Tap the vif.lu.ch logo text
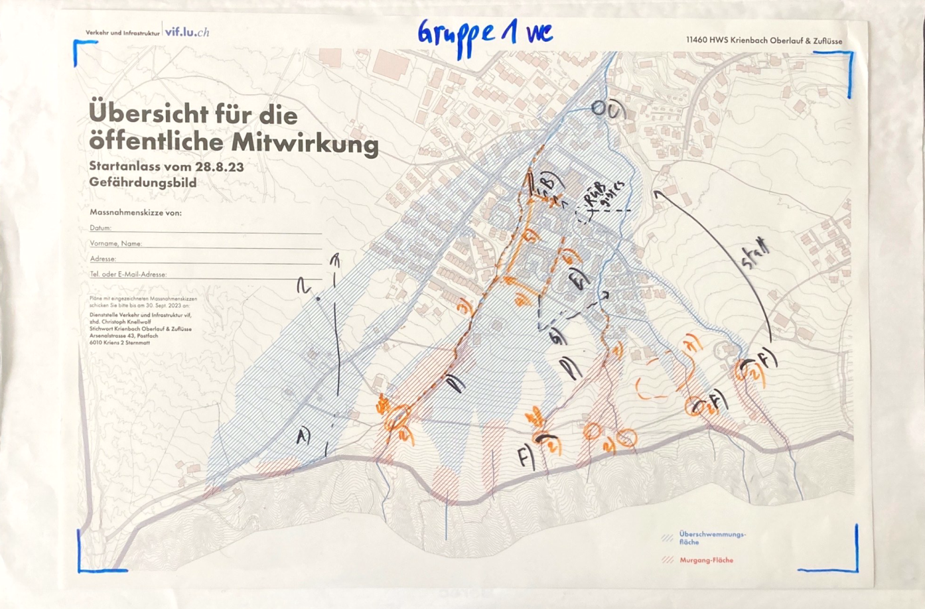pyautogui.click(x=187, y=32)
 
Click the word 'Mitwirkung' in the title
pyautogui.click(x=307, y=143)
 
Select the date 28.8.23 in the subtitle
pyautogui.click(x=220, y=167)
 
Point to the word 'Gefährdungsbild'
pyautogui.click(x=143, y=182)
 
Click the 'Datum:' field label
pyautogui.click(x=101, y=228)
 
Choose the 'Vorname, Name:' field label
pyautogui.click(x=116, y=243)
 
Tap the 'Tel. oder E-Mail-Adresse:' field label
pyautogui.click(x=128, y=274)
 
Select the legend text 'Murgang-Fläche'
pyautogui.click(x=706, y=560)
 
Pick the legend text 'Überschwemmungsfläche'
pyautogui.click(x=712, y=537)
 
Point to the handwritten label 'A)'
pyautogui.click(x=303, y=436)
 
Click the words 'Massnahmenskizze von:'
pyautogui.click(x=135, y=213)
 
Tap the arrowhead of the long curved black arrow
pyautogui.click(x=657, y=194)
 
